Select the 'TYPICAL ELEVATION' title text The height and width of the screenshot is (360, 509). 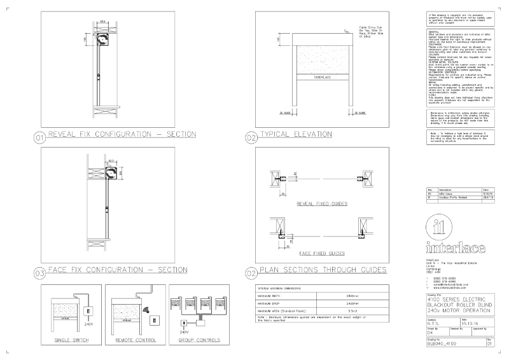tap(296, 135)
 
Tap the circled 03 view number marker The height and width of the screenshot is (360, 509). tap(39, 273)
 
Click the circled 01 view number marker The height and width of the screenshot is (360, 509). tap(39, 137)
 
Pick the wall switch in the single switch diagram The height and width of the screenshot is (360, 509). tap(90, 312)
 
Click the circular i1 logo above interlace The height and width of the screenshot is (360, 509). tap(440, 226)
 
